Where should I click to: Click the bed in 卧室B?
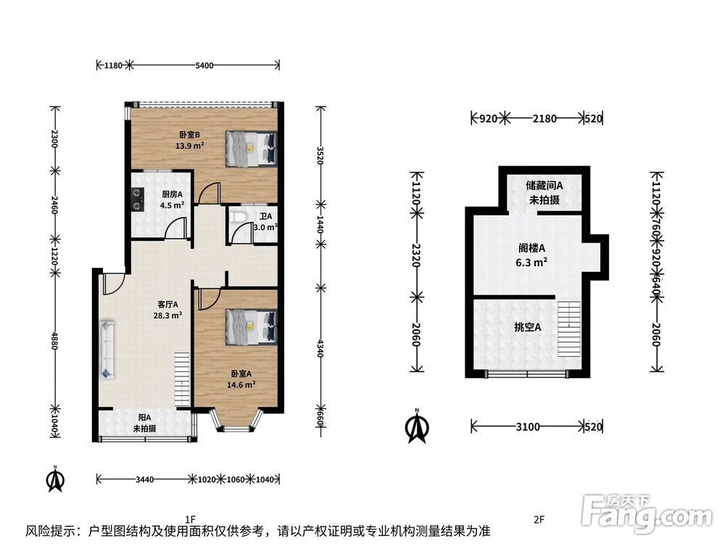coord(252,149)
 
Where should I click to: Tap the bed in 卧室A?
coord(252,327)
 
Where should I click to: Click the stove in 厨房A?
coord(137,199)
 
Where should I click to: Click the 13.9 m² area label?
coord(189,146)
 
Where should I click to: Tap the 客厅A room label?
coord(167,305)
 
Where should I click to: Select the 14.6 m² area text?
coord(241,384)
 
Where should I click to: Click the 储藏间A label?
coord(544,186)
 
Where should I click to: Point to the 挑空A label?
coord(528,328)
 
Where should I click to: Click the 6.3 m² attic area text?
coord(531,263)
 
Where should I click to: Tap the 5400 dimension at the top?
coord(204,65)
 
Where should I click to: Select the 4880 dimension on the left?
coord(54,340)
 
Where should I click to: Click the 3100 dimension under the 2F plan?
coord(528,426)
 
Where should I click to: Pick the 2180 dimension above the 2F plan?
coord(544,118)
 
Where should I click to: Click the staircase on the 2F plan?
coord(568,329)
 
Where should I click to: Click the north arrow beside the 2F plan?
coord(417,426)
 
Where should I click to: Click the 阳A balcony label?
coord(145,423)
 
